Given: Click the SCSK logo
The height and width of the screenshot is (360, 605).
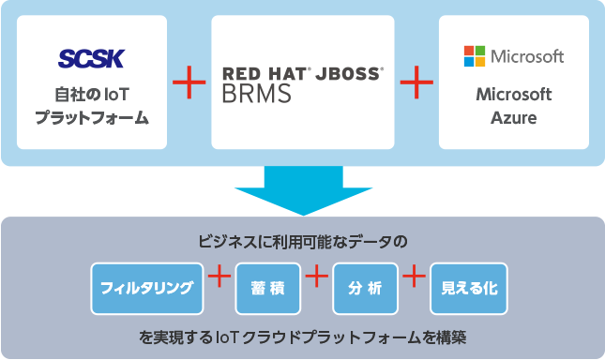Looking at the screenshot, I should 91,60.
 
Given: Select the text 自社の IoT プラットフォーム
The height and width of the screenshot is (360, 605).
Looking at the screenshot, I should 91,106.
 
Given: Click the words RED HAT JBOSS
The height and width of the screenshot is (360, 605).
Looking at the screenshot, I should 302,72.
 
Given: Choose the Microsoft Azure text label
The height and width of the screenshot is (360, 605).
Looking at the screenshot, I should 513,106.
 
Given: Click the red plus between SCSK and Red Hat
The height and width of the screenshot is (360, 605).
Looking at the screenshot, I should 189,83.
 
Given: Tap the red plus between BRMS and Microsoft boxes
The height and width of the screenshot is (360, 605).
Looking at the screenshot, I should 416,83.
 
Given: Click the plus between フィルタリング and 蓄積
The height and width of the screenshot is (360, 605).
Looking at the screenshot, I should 219,277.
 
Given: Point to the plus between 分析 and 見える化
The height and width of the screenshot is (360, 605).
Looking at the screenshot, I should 414,277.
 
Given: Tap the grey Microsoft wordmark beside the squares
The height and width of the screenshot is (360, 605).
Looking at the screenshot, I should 526,56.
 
